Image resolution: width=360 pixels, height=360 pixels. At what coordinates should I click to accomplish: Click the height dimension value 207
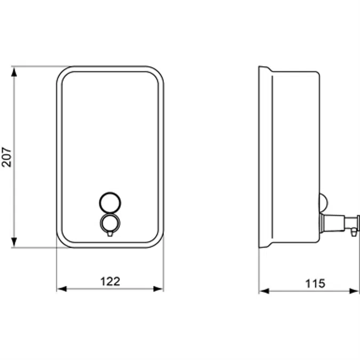(6, 157)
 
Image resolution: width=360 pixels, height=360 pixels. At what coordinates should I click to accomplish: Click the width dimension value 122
(110, 281)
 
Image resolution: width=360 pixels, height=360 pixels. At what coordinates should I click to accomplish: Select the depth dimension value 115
(315, 284)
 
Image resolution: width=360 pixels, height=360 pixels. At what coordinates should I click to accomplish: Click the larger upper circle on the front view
(110, 202)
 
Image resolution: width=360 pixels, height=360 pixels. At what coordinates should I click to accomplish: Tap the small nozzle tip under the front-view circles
(110, 234)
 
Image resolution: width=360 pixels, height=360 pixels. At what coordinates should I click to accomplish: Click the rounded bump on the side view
(324, 202)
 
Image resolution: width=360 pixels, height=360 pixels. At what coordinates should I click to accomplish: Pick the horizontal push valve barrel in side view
(333, 221)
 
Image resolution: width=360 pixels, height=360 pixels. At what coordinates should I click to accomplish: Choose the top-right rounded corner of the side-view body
(317, 74)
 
